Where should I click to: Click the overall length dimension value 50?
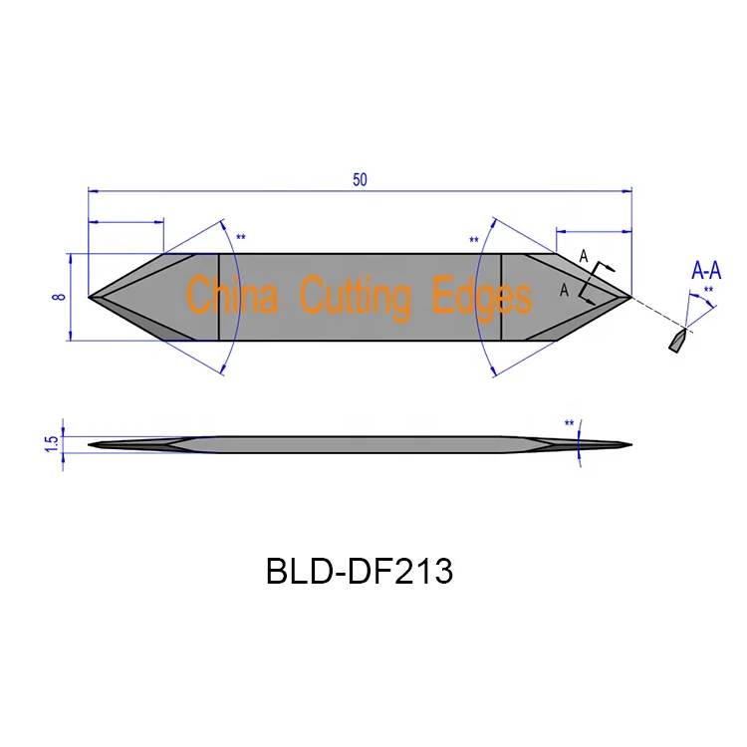pos(360,179)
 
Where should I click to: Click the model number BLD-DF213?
pos(360,572)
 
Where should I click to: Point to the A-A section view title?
pos(706,271)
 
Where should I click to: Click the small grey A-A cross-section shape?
pos(676,342)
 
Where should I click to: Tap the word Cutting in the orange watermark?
pos(356,297)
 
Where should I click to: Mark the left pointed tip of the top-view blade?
pos(91,297)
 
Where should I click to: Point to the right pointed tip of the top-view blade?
pos(630,297)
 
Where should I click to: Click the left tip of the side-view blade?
pos(91,444)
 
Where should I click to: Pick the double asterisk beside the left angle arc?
pos(240,238)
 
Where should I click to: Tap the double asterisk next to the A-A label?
pos(708,291)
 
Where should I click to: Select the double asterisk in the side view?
pos(570,423)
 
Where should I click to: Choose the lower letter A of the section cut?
pos(565,290)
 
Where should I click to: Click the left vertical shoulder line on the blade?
pos(219,297)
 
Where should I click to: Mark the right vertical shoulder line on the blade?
pos(501,297)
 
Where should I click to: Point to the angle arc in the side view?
pos(579,443)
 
